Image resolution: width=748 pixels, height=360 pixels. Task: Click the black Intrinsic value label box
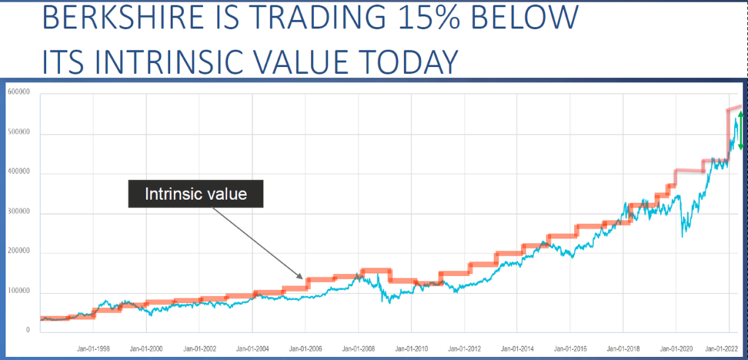coord(195,195)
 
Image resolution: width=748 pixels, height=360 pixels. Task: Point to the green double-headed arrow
coord(741,131)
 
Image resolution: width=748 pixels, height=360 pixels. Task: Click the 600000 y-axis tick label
coord(19,92)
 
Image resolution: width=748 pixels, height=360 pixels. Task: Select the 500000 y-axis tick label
coord(19,133)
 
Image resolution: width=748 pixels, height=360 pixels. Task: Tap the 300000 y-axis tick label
coord(19,213)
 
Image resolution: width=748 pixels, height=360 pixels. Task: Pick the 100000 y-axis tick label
coord(19,292)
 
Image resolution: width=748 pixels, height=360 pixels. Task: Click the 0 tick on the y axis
coord(28,330)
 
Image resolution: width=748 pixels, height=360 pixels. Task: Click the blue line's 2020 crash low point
coord(683,236)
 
